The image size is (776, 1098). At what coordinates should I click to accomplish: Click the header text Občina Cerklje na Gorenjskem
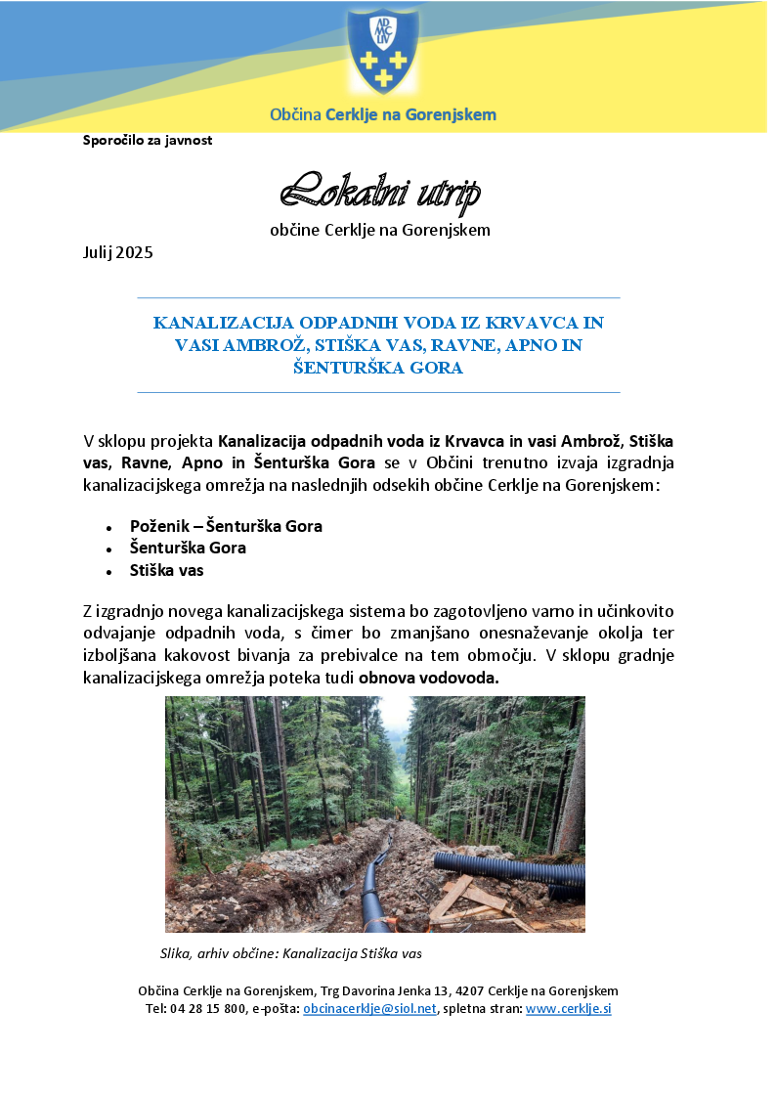(x=382, y=114)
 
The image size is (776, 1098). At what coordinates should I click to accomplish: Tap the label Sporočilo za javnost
(x=148, y=140)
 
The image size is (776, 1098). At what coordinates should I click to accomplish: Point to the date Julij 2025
(x=117, y=252)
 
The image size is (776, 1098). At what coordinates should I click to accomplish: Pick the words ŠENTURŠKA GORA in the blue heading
(x=378, y=369)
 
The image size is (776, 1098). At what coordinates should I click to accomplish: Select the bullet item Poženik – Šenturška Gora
(x=226, y=526)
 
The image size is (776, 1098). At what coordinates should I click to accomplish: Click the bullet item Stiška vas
(x=166, y=570)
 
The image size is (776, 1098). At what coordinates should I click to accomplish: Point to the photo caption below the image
(x=290, y=952)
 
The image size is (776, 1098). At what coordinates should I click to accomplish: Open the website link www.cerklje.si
(x=568, y=1008)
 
